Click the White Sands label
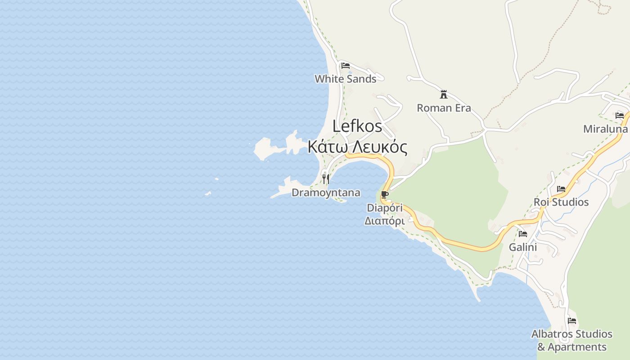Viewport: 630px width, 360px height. click(345, 79)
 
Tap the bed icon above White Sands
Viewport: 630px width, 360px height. click(345, 66)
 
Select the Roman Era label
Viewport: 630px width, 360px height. click(444, 108)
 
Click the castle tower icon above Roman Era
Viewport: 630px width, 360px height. click(444, 94)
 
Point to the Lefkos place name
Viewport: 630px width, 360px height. click(357, 126)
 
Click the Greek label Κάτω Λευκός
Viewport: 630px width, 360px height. click(358, 147)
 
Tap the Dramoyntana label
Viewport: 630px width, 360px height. click(326, 193)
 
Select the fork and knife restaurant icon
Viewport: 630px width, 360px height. click(326, 180)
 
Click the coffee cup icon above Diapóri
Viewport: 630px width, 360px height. click(384, 195)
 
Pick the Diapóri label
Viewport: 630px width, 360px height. click(385, 208)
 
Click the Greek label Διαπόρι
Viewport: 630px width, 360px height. click(384, 221)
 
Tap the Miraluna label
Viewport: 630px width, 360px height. click(605, 129)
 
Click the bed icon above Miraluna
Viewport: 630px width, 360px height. click(620, 115)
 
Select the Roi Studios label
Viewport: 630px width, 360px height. click(561, 202)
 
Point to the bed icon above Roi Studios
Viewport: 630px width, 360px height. click(561, 189)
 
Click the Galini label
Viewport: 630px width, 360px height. click(523, 247)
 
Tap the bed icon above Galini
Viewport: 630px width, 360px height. click(523, 234)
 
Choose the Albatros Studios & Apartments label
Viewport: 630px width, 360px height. click(572, 340)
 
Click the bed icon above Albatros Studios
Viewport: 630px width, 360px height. click(572, 321)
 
